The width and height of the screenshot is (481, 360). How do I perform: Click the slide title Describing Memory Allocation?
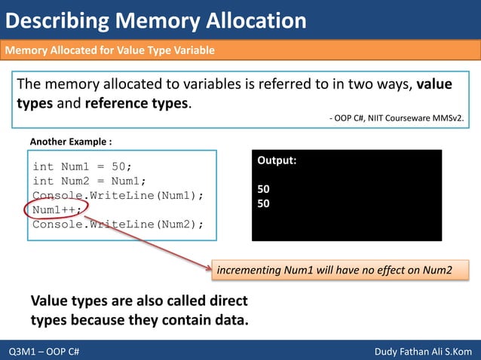156,20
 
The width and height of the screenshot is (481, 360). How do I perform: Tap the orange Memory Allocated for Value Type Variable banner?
110,50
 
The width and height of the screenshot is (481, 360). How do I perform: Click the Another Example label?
71,142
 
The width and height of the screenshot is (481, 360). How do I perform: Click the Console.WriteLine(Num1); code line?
118,195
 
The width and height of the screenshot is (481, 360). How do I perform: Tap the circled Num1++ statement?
57,209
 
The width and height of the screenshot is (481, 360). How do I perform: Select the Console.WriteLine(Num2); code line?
118,224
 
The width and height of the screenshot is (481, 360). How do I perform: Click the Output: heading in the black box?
277,160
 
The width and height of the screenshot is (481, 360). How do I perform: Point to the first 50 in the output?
264,189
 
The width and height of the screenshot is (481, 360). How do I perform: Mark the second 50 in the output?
264,203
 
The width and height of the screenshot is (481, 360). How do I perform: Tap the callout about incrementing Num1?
339,270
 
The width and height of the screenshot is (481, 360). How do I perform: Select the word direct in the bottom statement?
226,301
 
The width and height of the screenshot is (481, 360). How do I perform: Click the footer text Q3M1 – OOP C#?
45,352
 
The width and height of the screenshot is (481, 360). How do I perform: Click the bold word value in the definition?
435,84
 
